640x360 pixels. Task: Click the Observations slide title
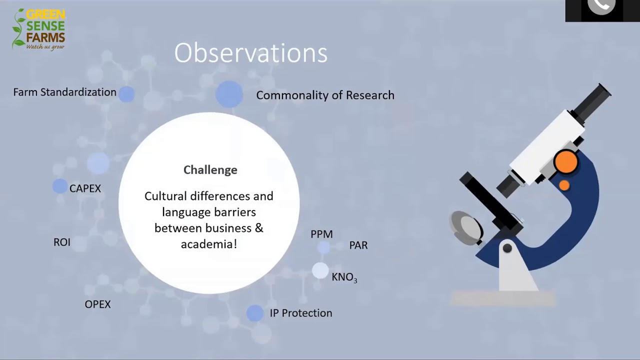[251, 53]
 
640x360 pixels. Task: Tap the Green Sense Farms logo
[39, 29]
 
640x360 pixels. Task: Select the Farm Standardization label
[65, 92]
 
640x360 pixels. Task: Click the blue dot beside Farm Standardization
[126, 94]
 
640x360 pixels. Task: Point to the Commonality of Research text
[325, 95]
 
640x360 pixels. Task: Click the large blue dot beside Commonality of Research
[229, 94]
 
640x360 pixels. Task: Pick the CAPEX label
[85, 188]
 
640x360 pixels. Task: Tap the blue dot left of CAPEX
[60, 186]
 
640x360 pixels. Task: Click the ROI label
[62, 242]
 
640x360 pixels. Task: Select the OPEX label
[97, 304]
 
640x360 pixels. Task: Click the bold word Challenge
[210, 170]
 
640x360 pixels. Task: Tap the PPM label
[321, 234]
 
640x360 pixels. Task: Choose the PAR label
[358, 245]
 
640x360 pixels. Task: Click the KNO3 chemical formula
[344, 277]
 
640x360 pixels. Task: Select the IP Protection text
[301, 313]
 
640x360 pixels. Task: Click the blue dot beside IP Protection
[255, 313]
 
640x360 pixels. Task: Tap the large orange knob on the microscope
[565, 161]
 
